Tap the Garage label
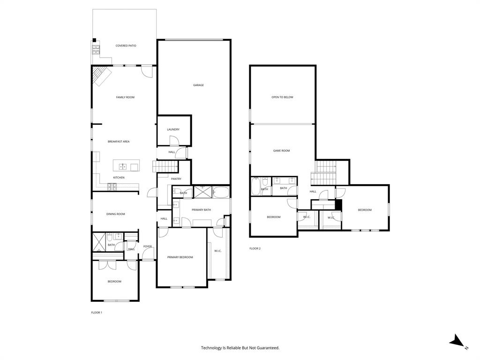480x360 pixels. tap(198, 85)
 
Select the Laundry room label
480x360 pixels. tap(173, 130)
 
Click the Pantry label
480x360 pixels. tap(176, 179)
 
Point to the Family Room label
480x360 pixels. tap(125, 97)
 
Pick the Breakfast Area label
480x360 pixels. tap(119, 142)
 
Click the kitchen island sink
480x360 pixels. tap(123, 166)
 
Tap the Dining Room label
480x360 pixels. tap(115, 214)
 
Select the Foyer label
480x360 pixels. tap(148, 247)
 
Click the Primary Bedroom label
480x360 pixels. tap(180, 257)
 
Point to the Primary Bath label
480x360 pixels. tap(201, 210)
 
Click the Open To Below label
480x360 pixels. tap(282, 97)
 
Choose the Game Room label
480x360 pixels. tap(281, 151)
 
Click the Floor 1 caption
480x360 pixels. tap(96, 313)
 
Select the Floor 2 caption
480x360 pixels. tap(255, 248)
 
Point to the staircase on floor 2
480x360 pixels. tap(325, 172)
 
